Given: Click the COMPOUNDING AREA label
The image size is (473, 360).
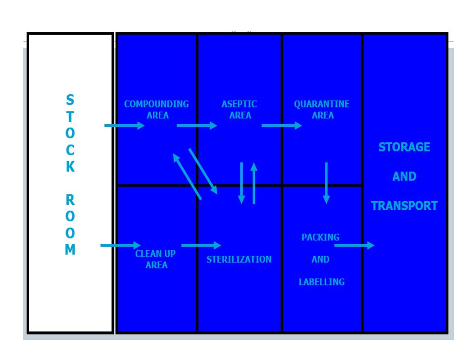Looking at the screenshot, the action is [157, 110].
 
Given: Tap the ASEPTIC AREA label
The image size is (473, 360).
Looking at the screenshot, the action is [239, 110].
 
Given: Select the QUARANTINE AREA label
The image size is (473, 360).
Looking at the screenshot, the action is [321, 110].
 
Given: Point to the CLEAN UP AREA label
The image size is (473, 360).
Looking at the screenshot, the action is [155, 259].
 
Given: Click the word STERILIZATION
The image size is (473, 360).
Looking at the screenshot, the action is [239, 259].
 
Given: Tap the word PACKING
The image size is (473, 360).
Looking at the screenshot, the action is [320, 237].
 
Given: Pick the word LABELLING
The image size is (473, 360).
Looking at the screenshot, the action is [321, 282].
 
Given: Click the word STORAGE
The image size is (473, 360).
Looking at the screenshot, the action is [404, 147].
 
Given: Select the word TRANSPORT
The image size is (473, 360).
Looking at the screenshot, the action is [404, 206].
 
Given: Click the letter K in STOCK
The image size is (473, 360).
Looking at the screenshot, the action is [70, 167].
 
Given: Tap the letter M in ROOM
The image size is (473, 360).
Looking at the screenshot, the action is [70, 249].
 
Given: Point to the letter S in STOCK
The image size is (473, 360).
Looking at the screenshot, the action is [70, 100].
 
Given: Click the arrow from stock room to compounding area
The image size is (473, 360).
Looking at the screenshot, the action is [125, 126].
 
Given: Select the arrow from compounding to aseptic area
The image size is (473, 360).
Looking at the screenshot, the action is [197, 126].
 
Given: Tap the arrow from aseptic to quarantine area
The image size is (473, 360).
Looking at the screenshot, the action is [282, 126].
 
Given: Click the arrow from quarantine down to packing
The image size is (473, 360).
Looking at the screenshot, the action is [326, 183].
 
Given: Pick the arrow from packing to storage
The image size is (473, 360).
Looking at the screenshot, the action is [355, 245].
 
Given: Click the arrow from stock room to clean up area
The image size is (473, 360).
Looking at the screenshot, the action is [121, 245].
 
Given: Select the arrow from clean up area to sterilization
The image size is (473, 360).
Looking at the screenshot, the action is [201, 245].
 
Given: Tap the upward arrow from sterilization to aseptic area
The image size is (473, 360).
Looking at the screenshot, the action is [254, 183].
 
